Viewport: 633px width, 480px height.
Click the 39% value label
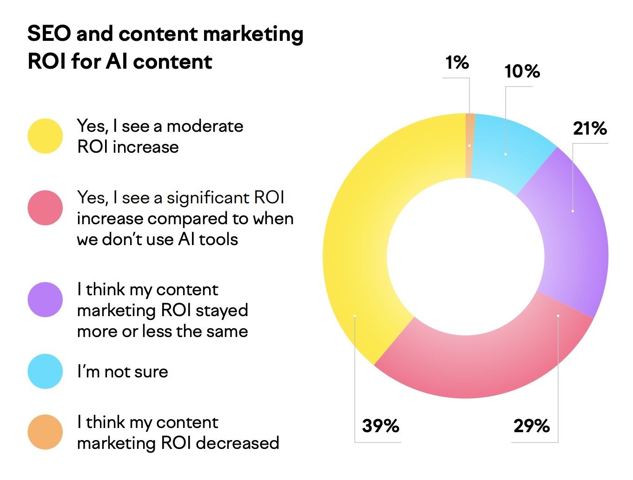click(x=381, y=426)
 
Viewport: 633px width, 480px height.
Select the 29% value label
click(x=532, y=426)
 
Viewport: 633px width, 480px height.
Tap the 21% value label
click(x=590, y=129)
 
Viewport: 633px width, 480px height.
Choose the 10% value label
click(x=522, y=71)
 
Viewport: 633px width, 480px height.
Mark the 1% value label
click(x=457, y=63)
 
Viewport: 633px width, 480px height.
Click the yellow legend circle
click(x=45, y=136)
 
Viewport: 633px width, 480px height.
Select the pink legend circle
click(x=45, y=208)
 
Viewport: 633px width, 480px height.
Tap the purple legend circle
click(x=45, y=299)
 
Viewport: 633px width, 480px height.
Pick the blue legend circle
click(x=45, y=371)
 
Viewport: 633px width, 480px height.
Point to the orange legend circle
click(x=45, y=432)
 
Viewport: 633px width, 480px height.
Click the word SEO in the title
click(x=49, y=34)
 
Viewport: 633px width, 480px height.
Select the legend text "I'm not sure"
click(x=123, y=372)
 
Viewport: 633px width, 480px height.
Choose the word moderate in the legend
click(x=205, y=126)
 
